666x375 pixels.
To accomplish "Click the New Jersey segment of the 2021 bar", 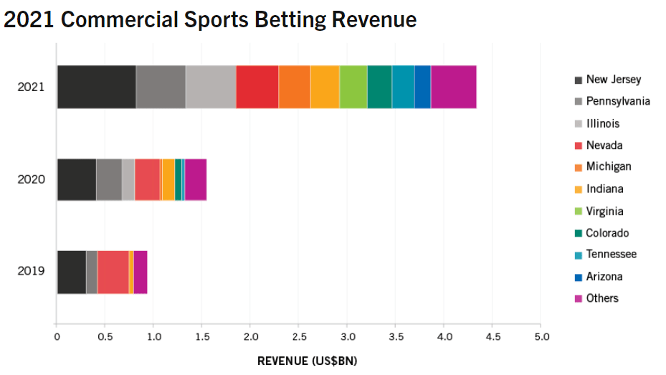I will click(x=96, y=87).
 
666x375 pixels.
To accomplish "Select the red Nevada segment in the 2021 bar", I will click(x=257, y=87).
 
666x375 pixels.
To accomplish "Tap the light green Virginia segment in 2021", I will click(x=353, y=87).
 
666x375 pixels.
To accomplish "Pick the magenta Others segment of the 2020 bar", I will click(x=196, y=179).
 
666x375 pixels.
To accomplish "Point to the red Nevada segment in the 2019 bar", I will click(x=113, y=272).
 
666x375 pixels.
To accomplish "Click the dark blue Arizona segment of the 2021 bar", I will click(x=422, y=87).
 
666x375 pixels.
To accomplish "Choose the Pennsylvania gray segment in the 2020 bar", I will click(x=109, y=179).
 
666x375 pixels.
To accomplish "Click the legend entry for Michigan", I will click(x=608, y=166).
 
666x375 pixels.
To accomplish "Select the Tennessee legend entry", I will click(x=611, y=255).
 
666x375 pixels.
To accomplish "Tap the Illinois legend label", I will click(x=602, y=123).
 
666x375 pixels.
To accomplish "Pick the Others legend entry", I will click(x=601, y=298).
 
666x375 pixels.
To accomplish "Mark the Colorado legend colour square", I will click(x=577, y=234).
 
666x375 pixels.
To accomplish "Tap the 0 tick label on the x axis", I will click(x=57, y=336).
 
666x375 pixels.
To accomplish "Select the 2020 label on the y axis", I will click(x=31, y=179).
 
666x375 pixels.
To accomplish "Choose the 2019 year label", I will click(x=31, y=271).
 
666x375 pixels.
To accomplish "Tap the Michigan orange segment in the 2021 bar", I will click(x=294, y=87).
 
